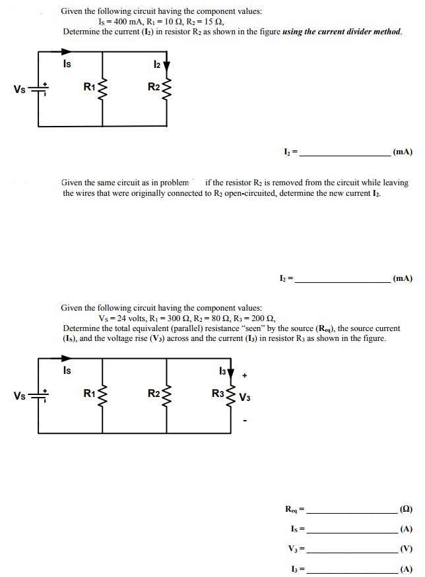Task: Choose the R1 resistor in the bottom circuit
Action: coord(102,396)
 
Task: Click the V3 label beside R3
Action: coord(245,398)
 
